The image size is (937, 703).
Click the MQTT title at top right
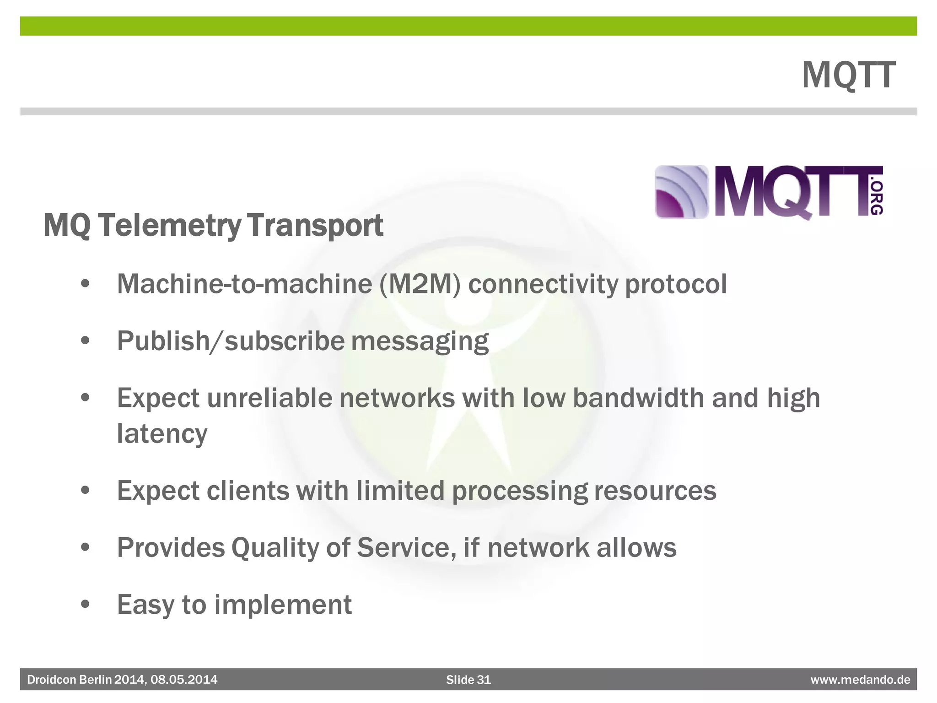tap(848, 76)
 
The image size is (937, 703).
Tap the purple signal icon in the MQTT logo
tap(681, 192)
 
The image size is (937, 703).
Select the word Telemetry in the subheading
tap(169, 226)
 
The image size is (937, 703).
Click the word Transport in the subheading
tap(315, 226)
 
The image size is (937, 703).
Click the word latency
tap(162, 434)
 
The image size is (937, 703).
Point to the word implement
tap(283, 605)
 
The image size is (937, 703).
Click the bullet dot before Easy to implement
tap(85, 605)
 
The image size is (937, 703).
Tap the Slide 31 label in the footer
tap(468, 680)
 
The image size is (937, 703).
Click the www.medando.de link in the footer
tap(860, 680)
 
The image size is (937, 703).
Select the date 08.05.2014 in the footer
tap(184, 680)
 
